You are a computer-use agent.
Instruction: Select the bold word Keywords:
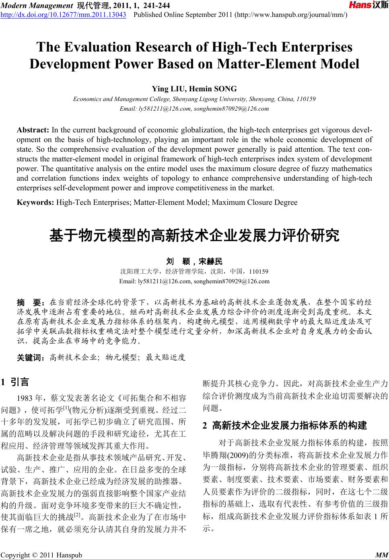pos(36,202)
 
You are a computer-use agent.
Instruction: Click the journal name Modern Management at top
pos(37,5)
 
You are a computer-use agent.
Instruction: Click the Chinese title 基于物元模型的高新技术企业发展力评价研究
pos(194,235)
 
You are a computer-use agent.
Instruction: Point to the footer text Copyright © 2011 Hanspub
pos(41,555)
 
